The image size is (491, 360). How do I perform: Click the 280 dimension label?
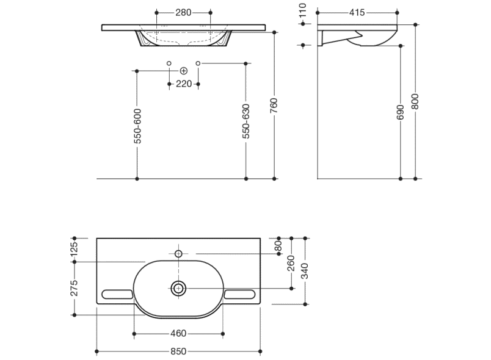(x=184, y=13)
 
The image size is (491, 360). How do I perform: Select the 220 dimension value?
(x=184, y=84)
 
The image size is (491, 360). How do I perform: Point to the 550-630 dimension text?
(x=246, y=122)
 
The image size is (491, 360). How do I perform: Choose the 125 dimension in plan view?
(x=74, y=250)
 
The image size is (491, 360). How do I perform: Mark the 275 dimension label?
(x=74, y=289)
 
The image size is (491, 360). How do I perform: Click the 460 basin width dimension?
(x=178, y=334)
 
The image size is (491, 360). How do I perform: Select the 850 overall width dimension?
(x=178, y=351)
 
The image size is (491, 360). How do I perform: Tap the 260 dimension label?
(x=291, y=262)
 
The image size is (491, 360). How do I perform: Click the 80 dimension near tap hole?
(x=278, y=247)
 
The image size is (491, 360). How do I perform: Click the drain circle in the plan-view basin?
(x=179, y=288)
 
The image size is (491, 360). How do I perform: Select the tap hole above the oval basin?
(x=179, y=253)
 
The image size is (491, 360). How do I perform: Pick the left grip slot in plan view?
(x=117, y=295)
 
